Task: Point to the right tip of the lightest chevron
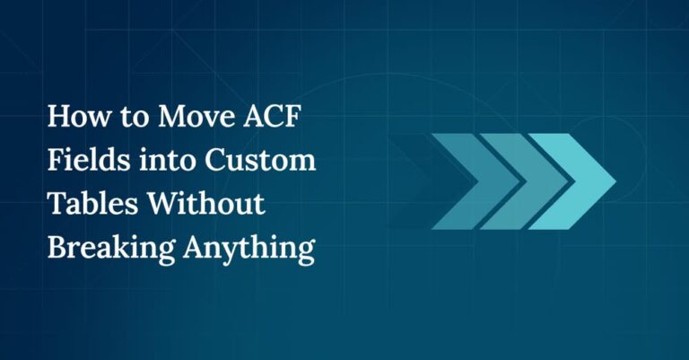(x=614, y=180)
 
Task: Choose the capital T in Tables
(x=57, y=205)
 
